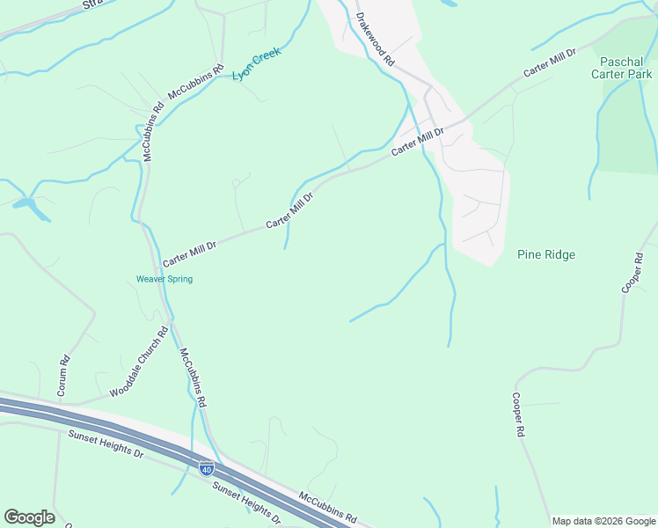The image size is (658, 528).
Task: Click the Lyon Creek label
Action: pyautogui.click(x=256, y=64)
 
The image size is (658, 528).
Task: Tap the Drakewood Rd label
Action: pyautogui.click(x=376, y=38)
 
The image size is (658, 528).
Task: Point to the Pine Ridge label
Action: pyautogui.click(x=545, y=255)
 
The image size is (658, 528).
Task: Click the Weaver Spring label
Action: pyautogui.click(x=164, y=279)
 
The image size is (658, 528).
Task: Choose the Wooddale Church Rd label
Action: pyautogui.click(x=139, y=363)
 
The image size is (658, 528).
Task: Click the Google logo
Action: pyautogui.click(x=29, y=517)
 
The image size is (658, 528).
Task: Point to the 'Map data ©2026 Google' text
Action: pyautogui.click(x=603, y=521)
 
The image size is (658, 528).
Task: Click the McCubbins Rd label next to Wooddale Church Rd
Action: pyautogui.click(x=194, y=377)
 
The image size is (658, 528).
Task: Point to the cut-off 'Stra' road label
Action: pyautogui.click(x=92, y=4)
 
